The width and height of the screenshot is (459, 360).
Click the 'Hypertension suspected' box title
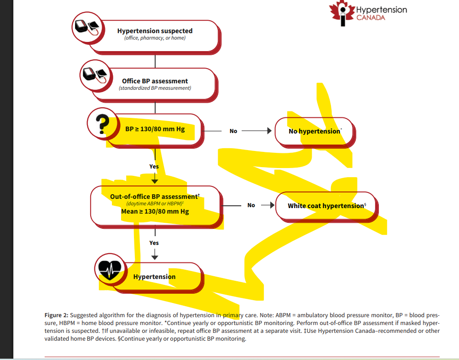coord(155,31)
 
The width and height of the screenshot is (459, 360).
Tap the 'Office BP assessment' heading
coord(155,81)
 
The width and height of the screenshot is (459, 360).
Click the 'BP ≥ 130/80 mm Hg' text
coord(155,129)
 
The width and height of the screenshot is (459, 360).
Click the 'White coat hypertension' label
coord(326,206)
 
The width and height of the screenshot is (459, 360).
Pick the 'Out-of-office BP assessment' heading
coord(154,197)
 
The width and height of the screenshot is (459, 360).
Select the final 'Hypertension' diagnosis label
coord(154,277)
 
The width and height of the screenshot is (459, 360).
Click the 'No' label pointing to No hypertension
coord(233,131)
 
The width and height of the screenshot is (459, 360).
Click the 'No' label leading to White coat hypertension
coord(251,205)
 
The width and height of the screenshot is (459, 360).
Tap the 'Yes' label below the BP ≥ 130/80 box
coord(154,167)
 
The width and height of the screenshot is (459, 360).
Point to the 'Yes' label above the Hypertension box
coord(154,243)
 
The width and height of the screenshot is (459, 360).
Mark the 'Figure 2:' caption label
coord(56,315)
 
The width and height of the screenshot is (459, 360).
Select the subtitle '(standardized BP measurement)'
coord(155,88)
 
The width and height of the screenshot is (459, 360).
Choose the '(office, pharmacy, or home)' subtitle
coord(155,38)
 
